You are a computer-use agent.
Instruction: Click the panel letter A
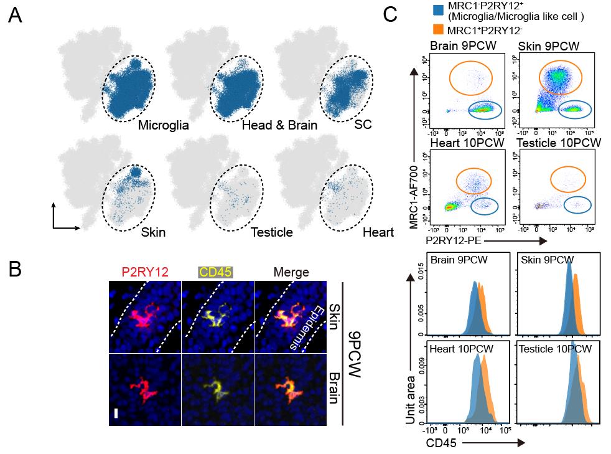17,17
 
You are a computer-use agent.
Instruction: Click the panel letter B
17,269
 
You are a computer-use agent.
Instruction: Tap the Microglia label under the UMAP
164,125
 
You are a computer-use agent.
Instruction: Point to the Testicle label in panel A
272,232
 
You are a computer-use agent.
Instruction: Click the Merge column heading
291,272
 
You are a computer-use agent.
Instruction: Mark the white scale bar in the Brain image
116,413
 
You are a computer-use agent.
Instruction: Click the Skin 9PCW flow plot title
548,47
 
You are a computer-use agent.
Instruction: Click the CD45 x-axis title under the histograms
439,443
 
